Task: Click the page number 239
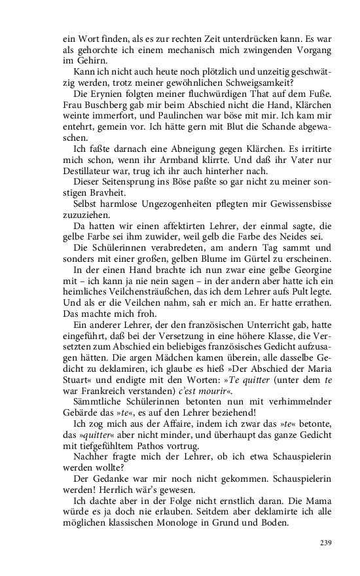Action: (326, 543)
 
